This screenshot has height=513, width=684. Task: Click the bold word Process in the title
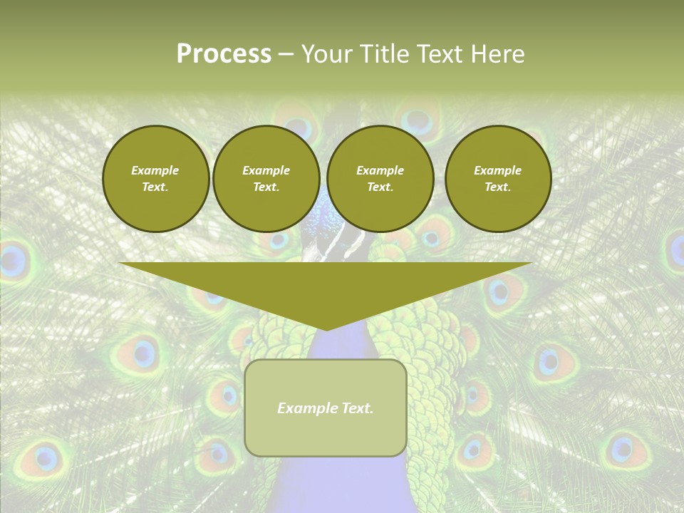[224, 54]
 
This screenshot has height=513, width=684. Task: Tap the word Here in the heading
[497, 54]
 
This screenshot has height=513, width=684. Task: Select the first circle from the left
[155, 179]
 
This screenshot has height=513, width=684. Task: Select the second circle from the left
[266, 179]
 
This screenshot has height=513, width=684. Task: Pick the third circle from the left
[380, 179]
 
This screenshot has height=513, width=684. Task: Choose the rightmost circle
[497, 179]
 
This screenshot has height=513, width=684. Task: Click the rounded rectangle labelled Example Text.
[326, 408]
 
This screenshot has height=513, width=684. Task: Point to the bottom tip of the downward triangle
[326, 329]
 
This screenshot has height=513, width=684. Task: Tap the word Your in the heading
[327, 54]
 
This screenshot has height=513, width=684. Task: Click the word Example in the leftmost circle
[155, 170]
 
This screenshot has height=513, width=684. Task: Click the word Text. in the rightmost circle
[497, 187]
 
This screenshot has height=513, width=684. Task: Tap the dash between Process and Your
[286, 54]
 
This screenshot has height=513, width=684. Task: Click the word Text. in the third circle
[380, 187]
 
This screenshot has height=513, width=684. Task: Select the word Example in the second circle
[266, 170]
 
